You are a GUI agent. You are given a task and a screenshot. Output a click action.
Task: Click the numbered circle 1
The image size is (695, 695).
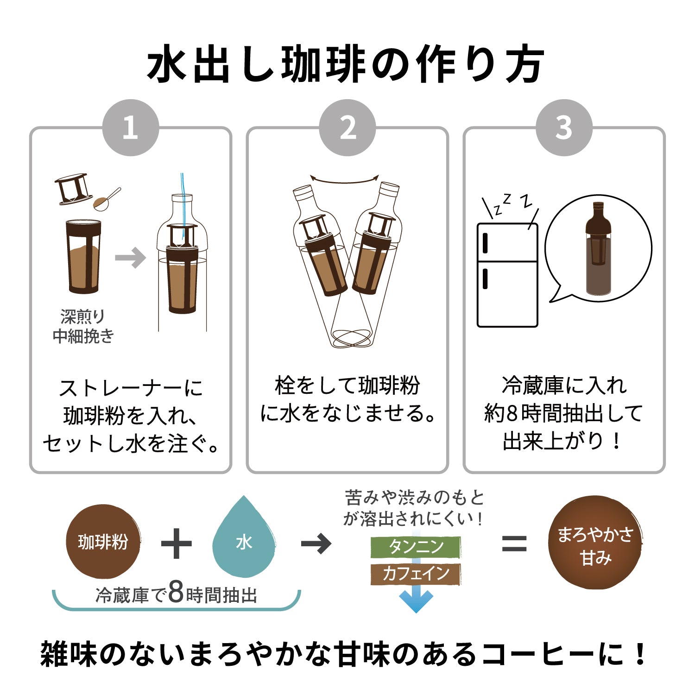pyautogui.click(x=130, y=127)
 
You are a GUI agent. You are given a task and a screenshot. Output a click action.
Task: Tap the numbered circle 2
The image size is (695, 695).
pyautogui.click(x=347, y=127)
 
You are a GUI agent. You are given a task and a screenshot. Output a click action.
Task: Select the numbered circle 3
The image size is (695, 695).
pyautogui.click(x=564, y=127)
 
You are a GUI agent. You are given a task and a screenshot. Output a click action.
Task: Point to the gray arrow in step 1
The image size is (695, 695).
pyautogui.click(x=130, y=258)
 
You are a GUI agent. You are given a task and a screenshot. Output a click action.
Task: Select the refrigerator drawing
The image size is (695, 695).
pyautogui.click(x=507, y=275)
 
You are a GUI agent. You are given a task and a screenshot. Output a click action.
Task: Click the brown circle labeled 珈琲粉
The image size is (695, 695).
pyautogui.click(x=103, y=542)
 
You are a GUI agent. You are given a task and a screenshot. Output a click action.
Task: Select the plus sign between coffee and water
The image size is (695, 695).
pyautogui.click(x=176, y=543)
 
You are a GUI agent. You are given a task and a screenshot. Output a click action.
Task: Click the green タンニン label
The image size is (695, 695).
pyautogui.click(x=416, y=547)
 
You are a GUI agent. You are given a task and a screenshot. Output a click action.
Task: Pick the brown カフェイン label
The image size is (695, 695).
pyautogui.click(x=416, y=574)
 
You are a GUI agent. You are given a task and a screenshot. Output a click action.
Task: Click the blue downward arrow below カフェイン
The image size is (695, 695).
pyautogui.click(x=416, y=600)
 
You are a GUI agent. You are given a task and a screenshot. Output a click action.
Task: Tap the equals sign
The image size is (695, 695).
pyautogui.click(x=514, y=543)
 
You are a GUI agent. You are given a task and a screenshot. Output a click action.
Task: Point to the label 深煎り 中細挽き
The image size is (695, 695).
pyautogui.click(x=83, y=327)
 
